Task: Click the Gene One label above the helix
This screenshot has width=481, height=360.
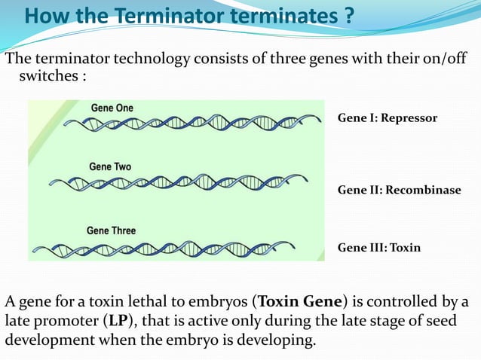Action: click(x=112, y=108)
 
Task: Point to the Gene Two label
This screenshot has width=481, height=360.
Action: click(x=110, y=166)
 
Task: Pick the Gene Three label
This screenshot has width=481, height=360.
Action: click(x=112, y=230)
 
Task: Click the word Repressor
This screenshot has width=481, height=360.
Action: click(x=410, y=118)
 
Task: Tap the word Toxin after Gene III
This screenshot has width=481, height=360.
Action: click(x=405, y=247)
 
